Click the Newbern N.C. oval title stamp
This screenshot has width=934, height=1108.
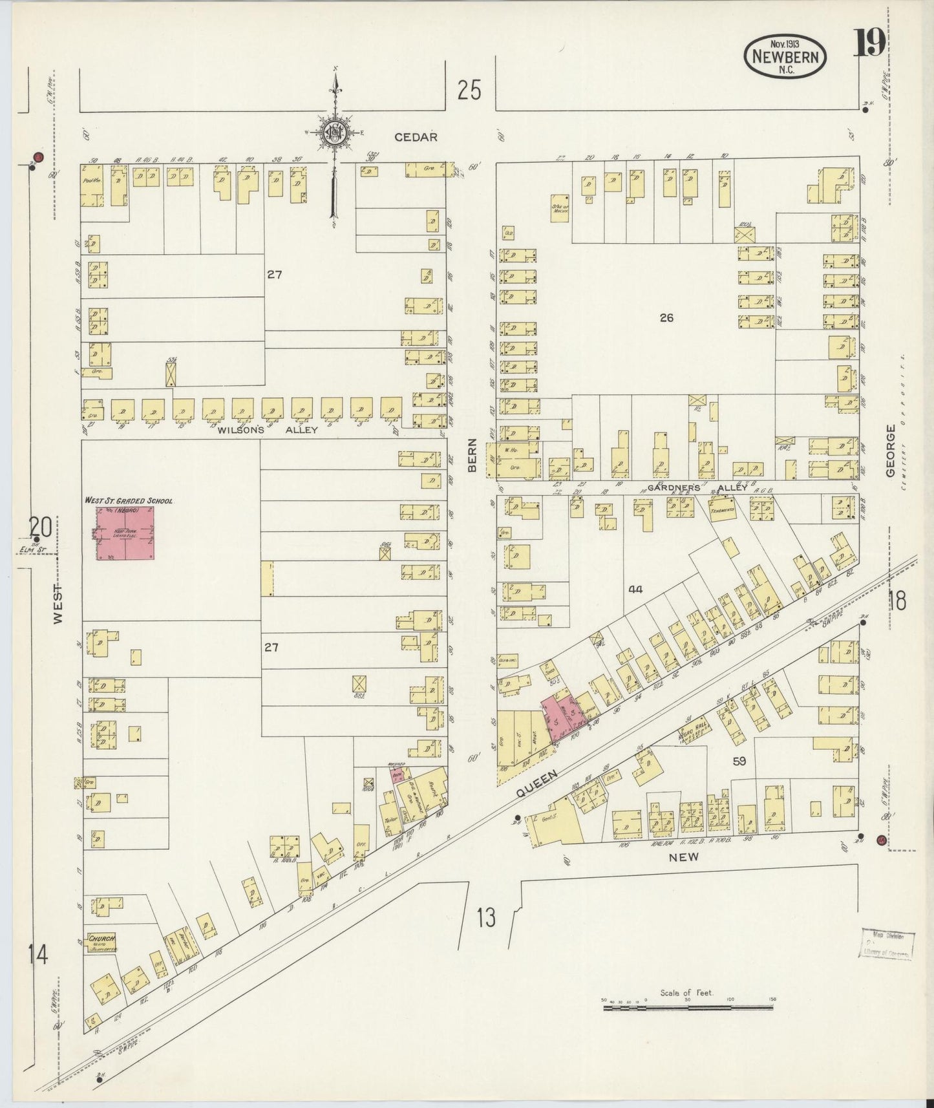[x=785, y=58]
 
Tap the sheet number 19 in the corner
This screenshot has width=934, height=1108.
[x=870, y=45]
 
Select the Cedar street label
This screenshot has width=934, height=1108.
[x=416, y=137]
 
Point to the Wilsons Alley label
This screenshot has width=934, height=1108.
[x=268, y=430]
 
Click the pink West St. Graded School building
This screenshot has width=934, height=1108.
[x=125, y=533]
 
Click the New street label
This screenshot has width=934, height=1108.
[x=684, y=857]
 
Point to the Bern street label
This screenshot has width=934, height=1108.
[x=472, y=455]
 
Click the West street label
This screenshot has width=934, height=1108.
[x=59, y=604]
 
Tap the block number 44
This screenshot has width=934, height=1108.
[x=635, y=590]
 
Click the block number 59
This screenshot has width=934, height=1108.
[x=739, y=762]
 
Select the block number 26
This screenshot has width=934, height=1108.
[x=666, y=317]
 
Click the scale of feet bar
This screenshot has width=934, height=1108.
[x=688, y=1007]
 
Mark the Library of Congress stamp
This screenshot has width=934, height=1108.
[x=886, y=944]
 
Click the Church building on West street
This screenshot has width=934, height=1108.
[x=101, y=941]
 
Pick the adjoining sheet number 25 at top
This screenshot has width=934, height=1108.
[x=469, y=91]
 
